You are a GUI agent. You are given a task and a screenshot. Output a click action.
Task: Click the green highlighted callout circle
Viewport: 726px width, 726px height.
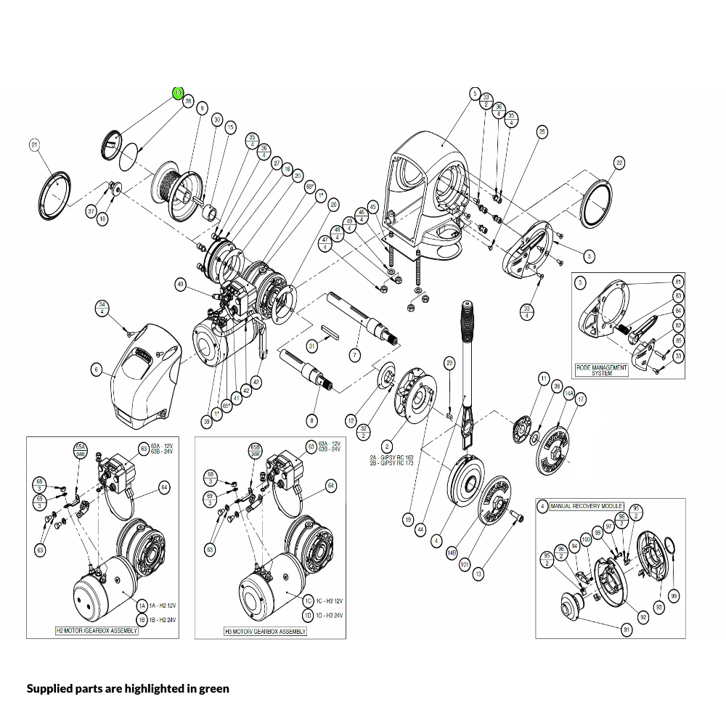pyautogui.click(x=178, y=93)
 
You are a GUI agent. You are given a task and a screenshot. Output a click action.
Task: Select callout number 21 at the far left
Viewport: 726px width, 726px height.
pyautogui.click(x=33, y=145)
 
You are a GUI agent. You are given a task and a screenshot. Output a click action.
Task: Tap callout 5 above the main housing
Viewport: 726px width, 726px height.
pyautogui.click(x=475, y=94)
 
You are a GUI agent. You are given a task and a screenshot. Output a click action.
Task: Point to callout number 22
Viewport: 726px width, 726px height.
pyautogui.click(x=619, y=163)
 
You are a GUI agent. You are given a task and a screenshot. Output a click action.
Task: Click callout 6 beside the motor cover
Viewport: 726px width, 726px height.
pyautogui.click(x=96, y=370)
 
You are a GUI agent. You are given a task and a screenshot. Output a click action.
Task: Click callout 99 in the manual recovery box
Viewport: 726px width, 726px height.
pyautogui.click(x=674, y=596)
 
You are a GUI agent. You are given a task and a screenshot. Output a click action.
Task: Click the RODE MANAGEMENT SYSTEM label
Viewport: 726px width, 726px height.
pyautogui.click(x=601, y=370)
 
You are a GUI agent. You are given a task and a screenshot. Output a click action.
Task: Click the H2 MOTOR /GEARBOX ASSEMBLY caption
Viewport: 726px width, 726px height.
pyautogui.click(x=97, y=631)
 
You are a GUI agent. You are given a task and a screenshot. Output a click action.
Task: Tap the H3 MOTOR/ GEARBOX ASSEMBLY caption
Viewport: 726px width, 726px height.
pyautogui.click(x=265, y=632)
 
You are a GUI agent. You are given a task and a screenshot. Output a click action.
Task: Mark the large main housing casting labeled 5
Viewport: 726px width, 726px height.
pyautogui.click(x=428, y=189)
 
